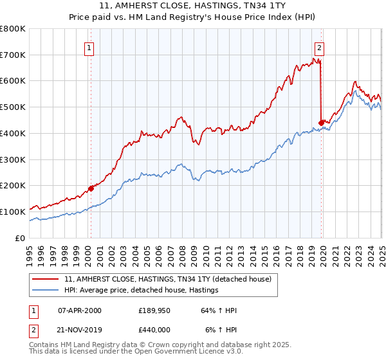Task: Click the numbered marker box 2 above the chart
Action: [319, 46]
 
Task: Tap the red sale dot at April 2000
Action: [91, 188]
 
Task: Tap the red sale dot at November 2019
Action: [321, 122]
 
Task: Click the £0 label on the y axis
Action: [21, 238]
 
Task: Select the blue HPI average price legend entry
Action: [142, 290]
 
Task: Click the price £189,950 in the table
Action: [153, 310]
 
